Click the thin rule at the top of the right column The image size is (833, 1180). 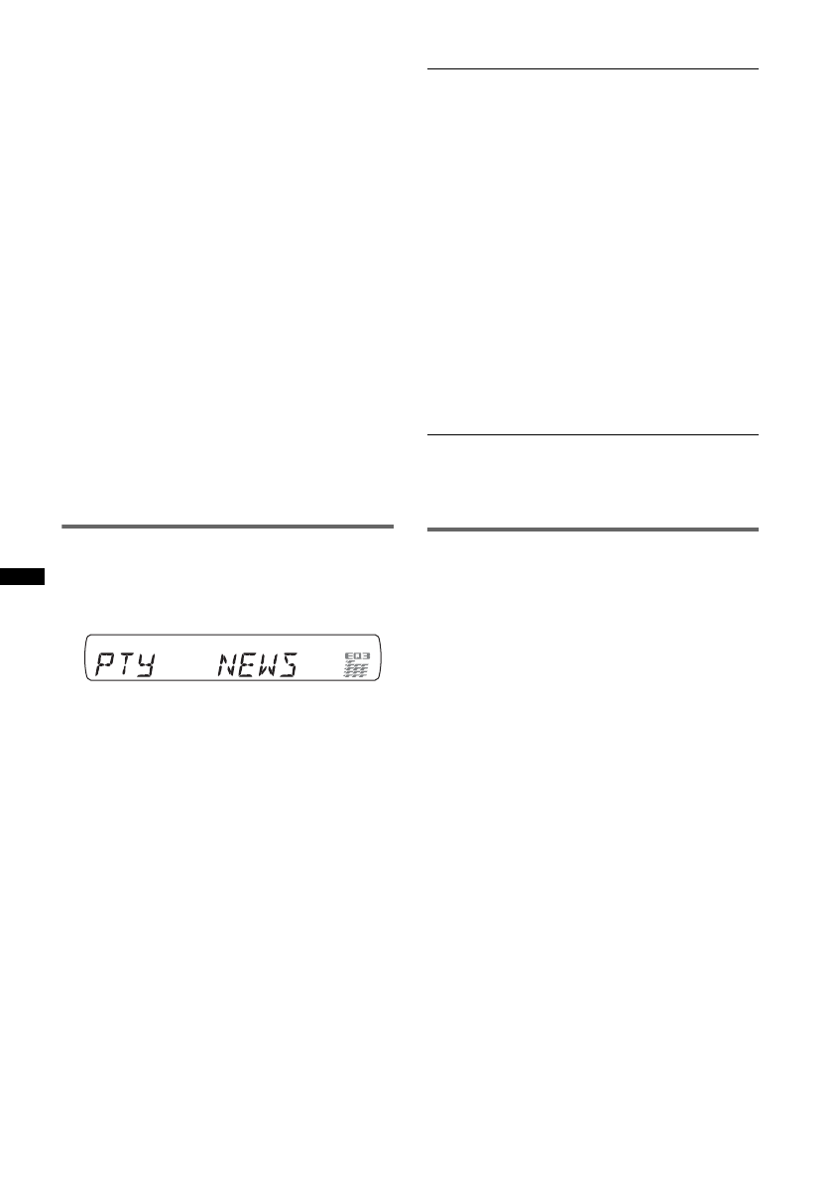click(x=593, y=69)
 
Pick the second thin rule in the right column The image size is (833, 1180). click(x=593, y=434)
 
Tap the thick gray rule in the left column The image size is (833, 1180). click(x=227, y=528)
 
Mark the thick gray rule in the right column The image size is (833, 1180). click(x=593, y=529)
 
